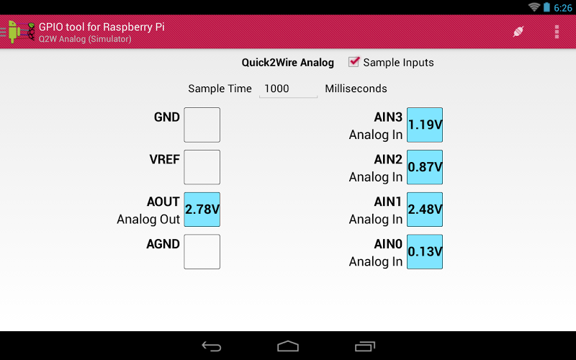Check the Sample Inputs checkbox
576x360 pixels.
(354, 62)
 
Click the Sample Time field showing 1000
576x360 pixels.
(288, 89)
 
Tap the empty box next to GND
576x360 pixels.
(202, 125)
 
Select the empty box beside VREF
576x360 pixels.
(202, 167)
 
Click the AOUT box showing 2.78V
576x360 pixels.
(202, 210)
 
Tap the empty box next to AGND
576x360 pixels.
(202, 251)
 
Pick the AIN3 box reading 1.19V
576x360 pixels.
(425, 125)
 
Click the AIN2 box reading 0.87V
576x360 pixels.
(425, 167)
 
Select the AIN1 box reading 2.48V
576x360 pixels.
(425, 210)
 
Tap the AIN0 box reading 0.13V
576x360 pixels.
(425, 251)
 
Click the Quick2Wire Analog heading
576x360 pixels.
(287, 63)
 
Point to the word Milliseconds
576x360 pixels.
(356, 89)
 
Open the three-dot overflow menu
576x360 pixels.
(557, 32)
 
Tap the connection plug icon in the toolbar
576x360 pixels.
(518, 32)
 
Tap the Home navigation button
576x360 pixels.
(288, 346)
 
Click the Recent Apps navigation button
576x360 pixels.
(365, 346)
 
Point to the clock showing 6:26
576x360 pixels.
(562, 7)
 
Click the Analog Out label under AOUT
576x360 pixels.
(148, 219)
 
